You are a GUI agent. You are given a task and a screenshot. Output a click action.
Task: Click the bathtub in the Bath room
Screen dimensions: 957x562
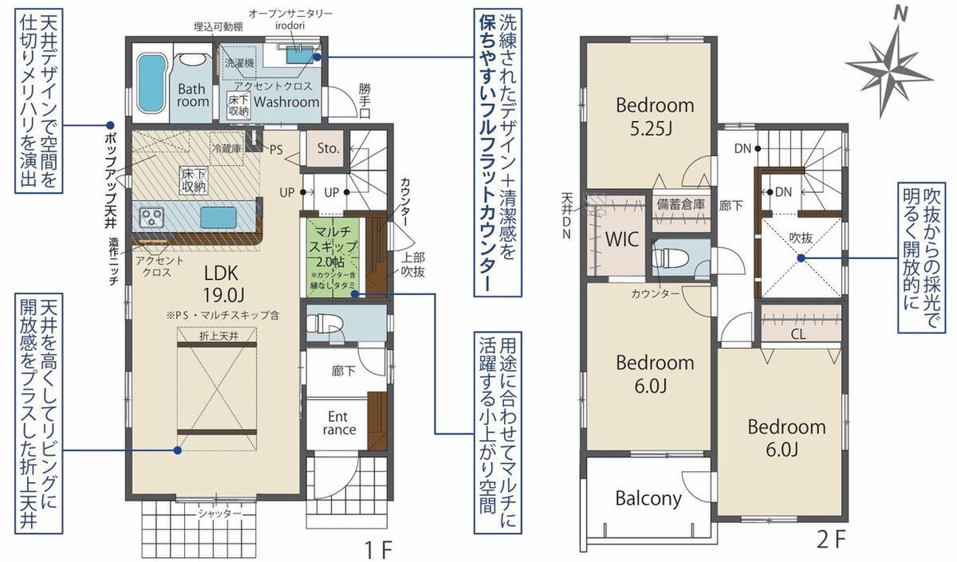click(152, 84)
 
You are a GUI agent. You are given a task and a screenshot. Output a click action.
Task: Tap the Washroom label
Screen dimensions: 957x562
click(286, 102)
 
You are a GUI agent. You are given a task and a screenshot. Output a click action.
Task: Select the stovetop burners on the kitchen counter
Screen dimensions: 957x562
click(152, 218)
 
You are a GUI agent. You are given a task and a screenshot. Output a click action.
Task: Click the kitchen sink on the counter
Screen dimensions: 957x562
click(219, 218)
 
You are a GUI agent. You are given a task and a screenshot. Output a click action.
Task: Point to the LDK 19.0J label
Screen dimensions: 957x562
click(222, 284)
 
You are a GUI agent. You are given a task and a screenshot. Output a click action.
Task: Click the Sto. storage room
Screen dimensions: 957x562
click(328, 148)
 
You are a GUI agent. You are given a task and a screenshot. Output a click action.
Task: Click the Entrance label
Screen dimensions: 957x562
click(339, 422)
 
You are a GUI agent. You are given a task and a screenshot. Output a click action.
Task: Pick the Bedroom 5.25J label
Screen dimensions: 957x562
click(655, 116)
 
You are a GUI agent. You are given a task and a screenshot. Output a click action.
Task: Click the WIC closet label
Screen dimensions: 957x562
click(622, 239)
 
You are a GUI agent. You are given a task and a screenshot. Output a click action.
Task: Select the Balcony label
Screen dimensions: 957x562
click(648, 499)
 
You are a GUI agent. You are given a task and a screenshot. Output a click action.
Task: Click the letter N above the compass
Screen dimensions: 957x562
click(900, 14)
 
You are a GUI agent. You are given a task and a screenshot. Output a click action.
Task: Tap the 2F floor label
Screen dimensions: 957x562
click(831, 540)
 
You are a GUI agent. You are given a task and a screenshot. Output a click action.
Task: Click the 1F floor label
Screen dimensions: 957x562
click(379, 549)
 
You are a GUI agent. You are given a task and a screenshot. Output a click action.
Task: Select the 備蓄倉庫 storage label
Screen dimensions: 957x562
click(680, 205)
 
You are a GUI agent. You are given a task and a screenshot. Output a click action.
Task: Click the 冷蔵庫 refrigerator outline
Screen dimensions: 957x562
click(226, 149)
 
